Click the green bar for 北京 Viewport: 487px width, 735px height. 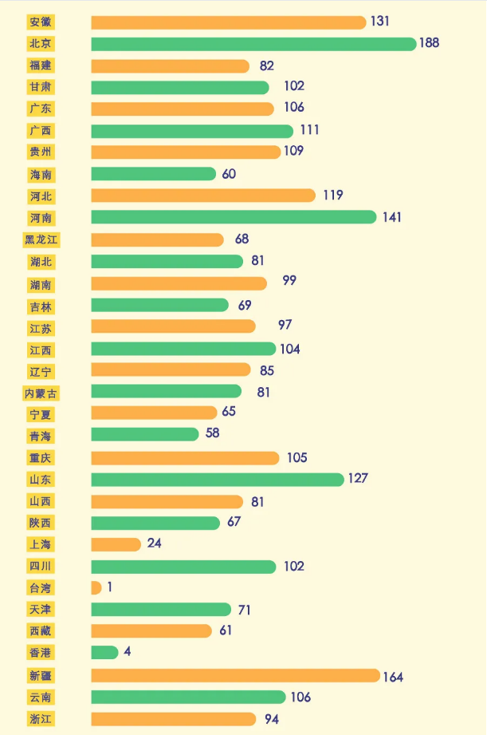click(x=253, y=44)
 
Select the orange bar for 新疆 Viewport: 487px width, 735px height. click(x=235, y=675)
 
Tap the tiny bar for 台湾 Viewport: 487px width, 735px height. click(x=96, y=587)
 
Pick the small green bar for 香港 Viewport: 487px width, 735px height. click(x=104, y=652)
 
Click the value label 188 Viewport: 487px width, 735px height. click(x=429, y=43)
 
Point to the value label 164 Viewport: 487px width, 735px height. click(x=393, y=677)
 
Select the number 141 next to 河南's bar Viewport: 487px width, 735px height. click(x=391, y=217)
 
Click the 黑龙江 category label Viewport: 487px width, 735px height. click(x=41, y=239)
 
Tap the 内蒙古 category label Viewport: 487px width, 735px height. click(x=41, y=393)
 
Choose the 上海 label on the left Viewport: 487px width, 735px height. click(x=41, y=544)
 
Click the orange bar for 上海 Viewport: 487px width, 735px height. click(x=116, y=544)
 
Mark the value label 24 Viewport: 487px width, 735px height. click(x=155, y=544)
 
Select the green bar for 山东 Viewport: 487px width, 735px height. click(x=218, y=479)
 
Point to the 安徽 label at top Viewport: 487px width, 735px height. click(x=41, y=22)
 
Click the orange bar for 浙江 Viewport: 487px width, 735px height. click(x=174, y=719)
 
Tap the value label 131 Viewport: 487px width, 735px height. click(x=380, y=22)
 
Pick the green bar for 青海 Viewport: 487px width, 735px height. click(x=145, y=434)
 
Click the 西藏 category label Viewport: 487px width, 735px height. click(x=41, y=630)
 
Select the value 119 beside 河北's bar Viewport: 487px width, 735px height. click(x=332, y=195)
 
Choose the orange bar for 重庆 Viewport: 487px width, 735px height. click(x=185, y=457)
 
